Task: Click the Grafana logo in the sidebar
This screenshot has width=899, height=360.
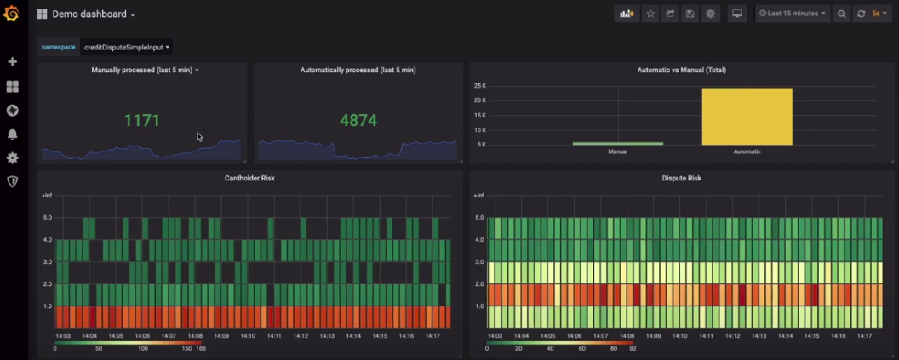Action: (x=11, y=14)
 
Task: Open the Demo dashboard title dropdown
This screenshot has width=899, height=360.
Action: (x=93, y=14)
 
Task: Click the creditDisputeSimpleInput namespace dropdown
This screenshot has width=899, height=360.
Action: (x=126, y=48)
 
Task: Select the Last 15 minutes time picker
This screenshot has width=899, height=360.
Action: (x=792, y=14)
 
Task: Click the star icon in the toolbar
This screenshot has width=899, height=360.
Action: (x=650, y=14)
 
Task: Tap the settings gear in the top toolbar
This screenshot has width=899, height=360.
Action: (x=710, y=14)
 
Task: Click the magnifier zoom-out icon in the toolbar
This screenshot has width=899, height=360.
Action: (x=841, y=14)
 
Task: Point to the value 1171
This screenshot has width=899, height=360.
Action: (x=141, y=121)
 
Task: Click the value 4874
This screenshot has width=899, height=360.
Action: (x=358, y=121)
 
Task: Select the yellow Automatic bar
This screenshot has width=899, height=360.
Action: (x=747, y=117)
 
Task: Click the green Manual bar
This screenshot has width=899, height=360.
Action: (x=617, y=143)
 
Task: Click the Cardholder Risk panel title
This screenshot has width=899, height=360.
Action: (x=249, y=178)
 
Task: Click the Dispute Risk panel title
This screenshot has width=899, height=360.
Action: (x=682, y=178)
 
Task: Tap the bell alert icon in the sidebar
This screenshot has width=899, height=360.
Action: (x=12, y=134)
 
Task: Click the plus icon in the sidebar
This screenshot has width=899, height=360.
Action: (x=12, y=62)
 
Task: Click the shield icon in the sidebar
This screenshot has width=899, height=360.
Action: (x=12, y=181)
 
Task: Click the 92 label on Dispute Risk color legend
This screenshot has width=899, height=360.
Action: (x=633, y=348)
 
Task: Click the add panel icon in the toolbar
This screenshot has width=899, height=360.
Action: (x=627, y=14)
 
